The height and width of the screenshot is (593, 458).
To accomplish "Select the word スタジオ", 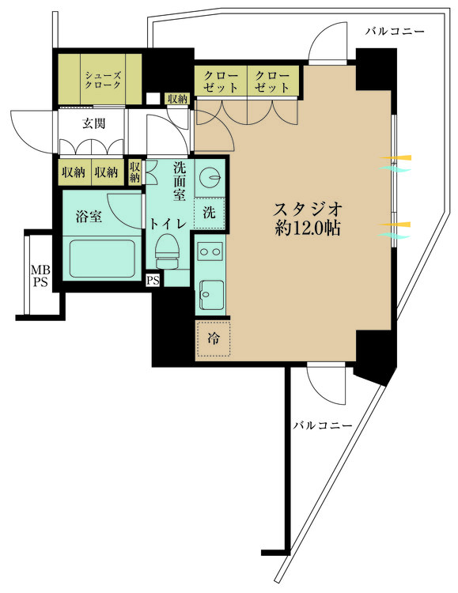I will (x=308, y=210).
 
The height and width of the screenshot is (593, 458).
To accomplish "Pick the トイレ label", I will (x=169, y=224).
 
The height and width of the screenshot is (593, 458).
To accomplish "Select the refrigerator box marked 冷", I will (x=214, y=339).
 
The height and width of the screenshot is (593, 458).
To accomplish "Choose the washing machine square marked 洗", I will (x=210, y=213).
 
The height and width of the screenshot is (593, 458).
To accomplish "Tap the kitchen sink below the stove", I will (x=210, y=296).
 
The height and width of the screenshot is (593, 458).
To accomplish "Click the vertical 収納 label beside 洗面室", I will (x=134, y=172).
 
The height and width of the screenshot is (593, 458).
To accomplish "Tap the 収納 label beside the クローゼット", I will (x=177, y=99).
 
